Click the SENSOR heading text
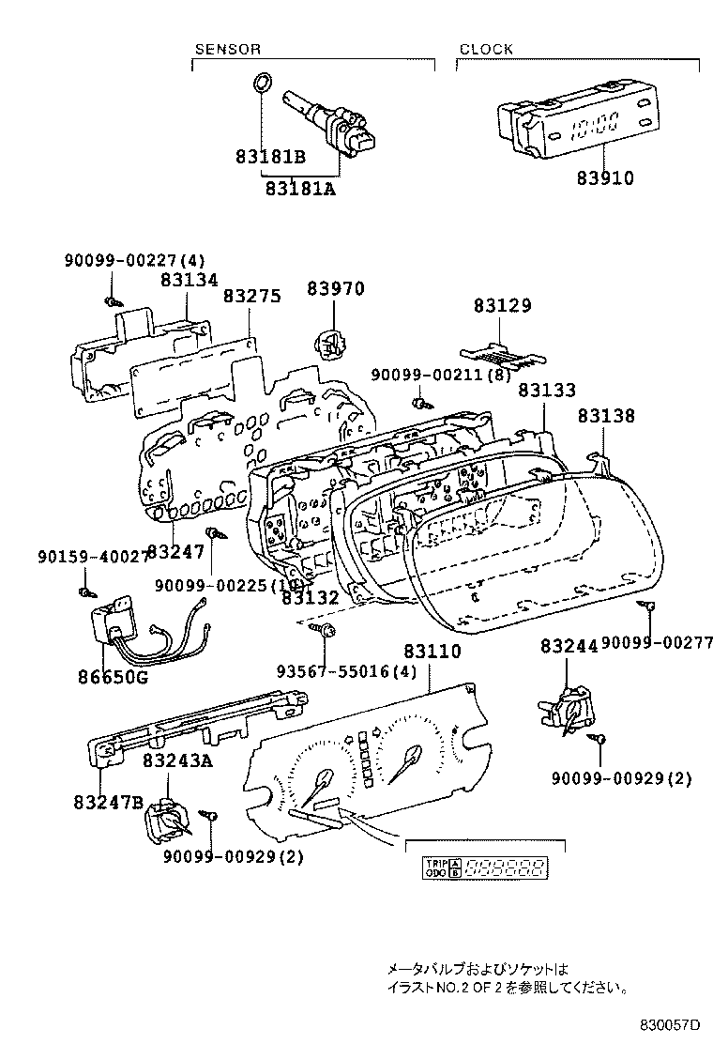coord(227,49)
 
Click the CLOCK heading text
coord(486,49)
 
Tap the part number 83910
coord(604,178)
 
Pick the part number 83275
coord(251,296)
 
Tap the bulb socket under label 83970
coord(328,344)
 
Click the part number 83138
coord(605,415)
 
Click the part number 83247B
coord(107,802)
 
